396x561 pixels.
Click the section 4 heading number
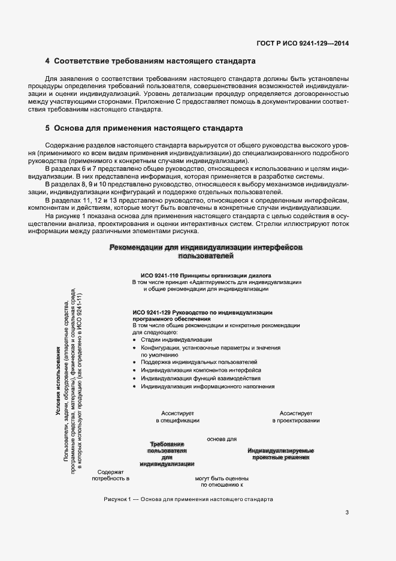(47, 61)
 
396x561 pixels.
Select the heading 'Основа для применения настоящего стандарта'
(147, 128)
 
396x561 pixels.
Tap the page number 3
(347, 512)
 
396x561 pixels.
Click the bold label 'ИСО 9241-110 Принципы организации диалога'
(202, 275)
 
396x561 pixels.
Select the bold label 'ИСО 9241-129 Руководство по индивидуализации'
(202, 312)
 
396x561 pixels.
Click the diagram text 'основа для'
(222, 439)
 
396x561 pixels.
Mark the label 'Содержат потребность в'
(110, 475)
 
